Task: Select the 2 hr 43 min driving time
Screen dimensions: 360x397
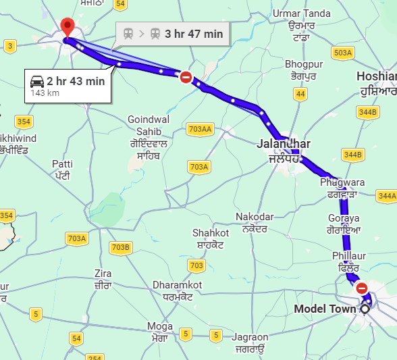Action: click(x=76, y=82)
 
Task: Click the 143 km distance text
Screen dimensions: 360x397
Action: click(x=44, y=93)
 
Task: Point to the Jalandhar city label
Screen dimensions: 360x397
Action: click(x=284, y=144)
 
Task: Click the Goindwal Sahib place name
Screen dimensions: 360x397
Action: click(x=149, y=125)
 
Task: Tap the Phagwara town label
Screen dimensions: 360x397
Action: click(x=342, y=183)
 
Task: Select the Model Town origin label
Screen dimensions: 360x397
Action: click(x=325, y=309)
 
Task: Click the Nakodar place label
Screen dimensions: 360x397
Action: click(x=255, y=217)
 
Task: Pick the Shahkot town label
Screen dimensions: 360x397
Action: click(x=211, y=233)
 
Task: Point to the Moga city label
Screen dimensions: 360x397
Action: click(x=160, y=327)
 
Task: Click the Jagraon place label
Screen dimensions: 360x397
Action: click(x=250, y=337)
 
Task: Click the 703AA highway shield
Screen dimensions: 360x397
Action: click(x=201, y=129)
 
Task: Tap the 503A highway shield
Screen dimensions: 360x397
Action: click(x=343, y=53)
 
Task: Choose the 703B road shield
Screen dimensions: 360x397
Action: click(x=120, y=247)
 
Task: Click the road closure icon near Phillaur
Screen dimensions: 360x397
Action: click(x=362, y=288)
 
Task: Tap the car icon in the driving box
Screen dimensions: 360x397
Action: click(x=37, y=82)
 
